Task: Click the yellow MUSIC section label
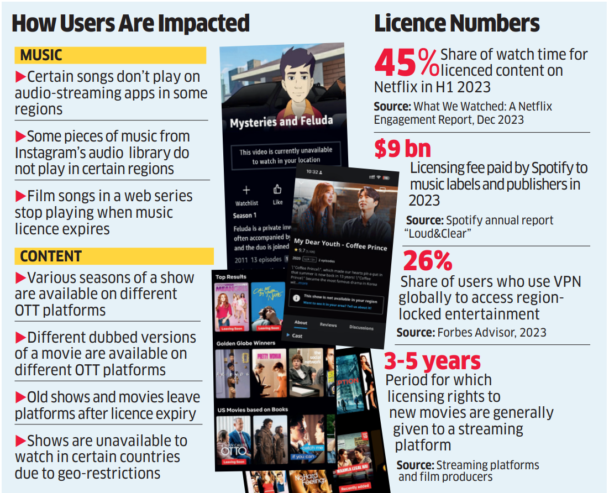41,55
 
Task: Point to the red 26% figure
427,261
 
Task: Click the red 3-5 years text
432,361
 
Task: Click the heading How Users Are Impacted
130,23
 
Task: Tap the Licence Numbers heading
456,23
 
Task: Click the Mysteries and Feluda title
281,121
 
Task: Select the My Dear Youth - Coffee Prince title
340,245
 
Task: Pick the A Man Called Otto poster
233,440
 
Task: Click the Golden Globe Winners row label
245,343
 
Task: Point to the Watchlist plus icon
246,191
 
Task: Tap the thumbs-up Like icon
277,190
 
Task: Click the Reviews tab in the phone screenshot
328,325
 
